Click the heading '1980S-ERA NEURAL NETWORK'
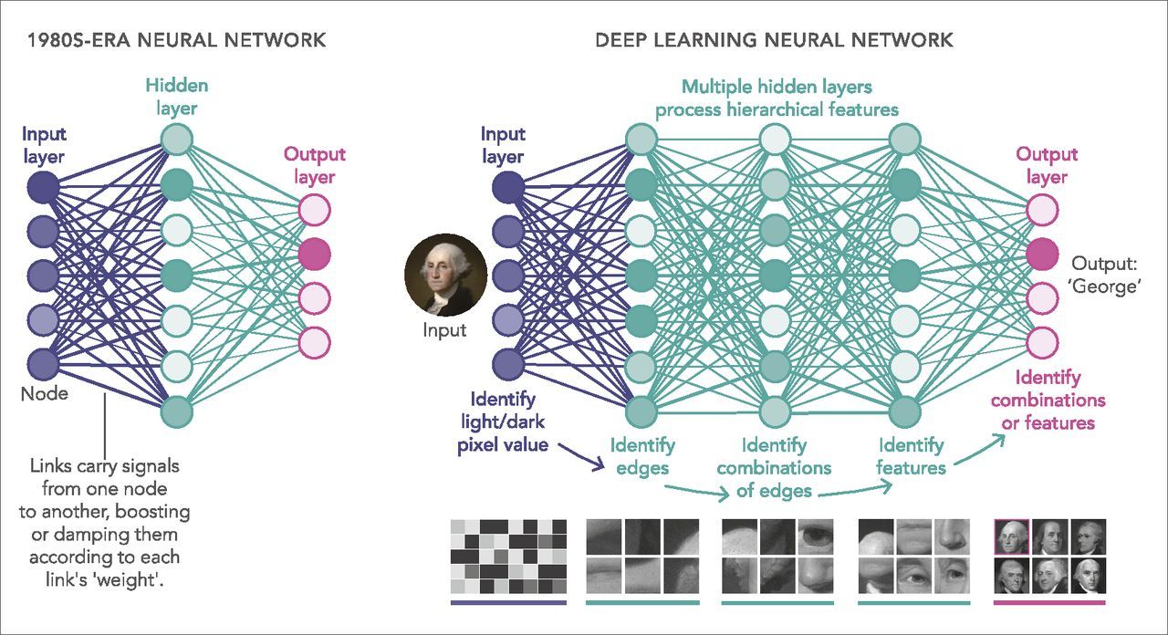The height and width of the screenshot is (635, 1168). pyautogui.click(x=177, y=39)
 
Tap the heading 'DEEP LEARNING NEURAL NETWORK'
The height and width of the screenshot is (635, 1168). pyautogui.click(x=774, y=39)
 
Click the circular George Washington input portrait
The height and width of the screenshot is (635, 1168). pyautogui.click(x=444, y=275)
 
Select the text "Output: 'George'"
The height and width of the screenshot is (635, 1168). pyautogui.click(x=1107, y=275)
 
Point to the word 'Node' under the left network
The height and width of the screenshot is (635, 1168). pyautogui.click(x=44, y=394)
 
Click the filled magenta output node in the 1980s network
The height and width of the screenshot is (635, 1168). pyautogui.click(x=314, y=252)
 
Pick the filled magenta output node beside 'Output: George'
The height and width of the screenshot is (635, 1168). pyautogui.click(x=1042, y=254)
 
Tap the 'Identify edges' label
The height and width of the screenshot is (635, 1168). pyautogui.click(x=642, y=456)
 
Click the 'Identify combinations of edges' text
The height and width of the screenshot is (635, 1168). pyautogui.click(x=774, y=467)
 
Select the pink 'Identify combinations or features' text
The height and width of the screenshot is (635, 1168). pyautogui.click(x=1048, y=400)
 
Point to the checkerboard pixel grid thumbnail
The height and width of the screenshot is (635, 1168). pyautogui.click(x=508, y=557)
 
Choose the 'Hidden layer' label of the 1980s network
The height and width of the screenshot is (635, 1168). pyautogui.click(x=176, y=97)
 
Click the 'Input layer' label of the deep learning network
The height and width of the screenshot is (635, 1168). pyautogui.click(x=503, y=145)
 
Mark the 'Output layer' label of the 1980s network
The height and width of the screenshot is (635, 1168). pyautogui.click(x=314, y=165)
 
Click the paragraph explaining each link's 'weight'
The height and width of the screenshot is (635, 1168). pyautogui.click(x=104, y=523)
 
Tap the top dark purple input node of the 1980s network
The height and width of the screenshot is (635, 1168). pyautogui.click(x=43, y=188)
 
